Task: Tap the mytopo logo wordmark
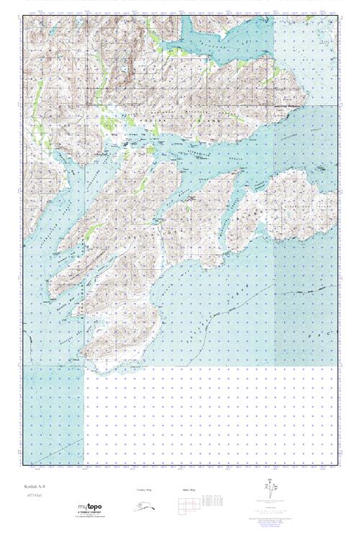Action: (90, 508)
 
